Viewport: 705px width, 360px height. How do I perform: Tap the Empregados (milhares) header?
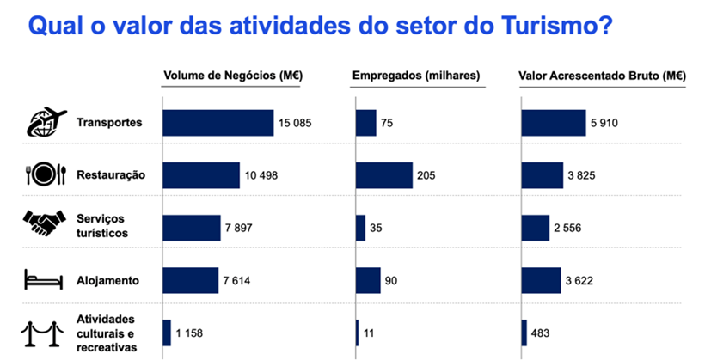pyautogui.click(x=416, y=76)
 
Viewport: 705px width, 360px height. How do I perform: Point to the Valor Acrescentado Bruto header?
pyautogui.click(x=602, y=76)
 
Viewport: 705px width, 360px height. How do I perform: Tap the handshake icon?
pyautogui.click(x=43, y=225)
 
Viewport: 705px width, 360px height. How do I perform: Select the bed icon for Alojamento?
pyautogui.click(x=42, y=279)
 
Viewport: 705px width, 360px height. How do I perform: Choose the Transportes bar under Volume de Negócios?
pyautogui.click(x=218, y=123)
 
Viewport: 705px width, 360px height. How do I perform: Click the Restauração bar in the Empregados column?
pyautogui.click(x=384, y=175)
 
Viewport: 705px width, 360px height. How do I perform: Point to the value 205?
pyautogui.click(x=426, y=175)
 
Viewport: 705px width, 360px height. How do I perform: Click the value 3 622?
pyautogui.click(x=582, y=280)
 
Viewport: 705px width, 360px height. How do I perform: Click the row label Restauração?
pyautogui.click(x=111, y=175)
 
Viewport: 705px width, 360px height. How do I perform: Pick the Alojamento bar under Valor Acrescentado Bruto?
pyautogui.click(x=541, y=280)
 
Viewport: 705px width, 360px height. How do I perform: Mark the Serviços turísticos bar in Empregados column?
pyautogui.click(x=360, y=228)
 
